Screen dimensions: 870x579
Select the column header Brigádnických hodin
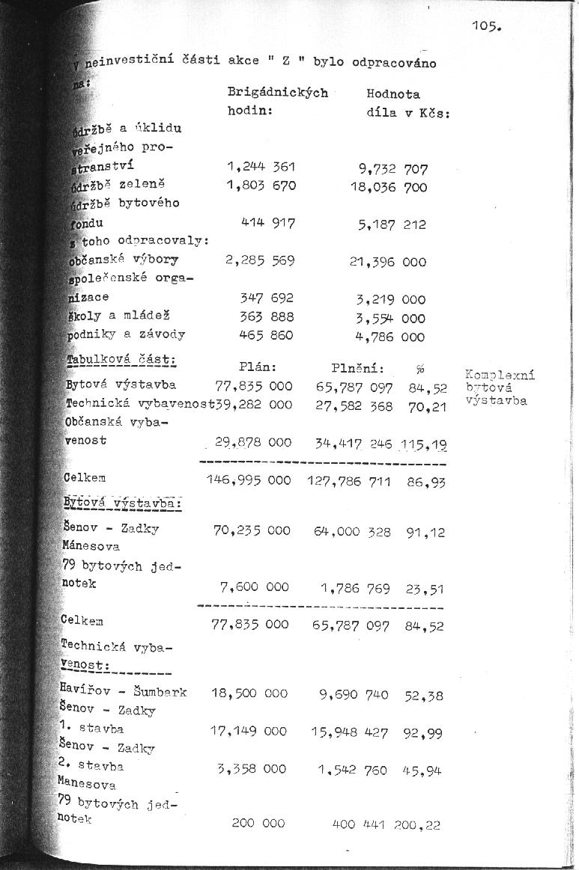coord(277,102)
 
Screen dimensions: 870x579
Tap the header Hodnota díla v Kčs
coord(407,103)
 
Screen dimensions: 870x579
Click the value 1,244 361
coord(261,166)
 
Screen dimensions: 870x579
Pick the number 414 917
coord(267,223)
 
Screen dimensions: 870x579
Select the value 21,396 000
coord(387,262)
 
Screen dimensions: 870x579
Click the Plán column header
coord(258,367)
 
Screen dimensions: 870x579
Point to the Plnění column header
coord(358,367)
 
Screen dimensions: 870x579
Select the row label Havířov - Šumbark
coord(124,691)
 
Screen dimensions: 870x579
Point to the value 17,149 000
coord(249,731)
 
